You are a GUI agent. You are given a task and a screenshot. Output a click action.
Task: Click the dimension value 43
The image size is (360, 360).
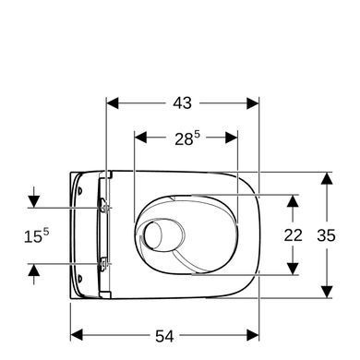[x=182, y=103]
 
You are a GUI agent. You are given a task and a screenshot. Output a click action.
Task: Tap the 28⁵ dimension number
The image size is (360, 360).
[x=187, y=138]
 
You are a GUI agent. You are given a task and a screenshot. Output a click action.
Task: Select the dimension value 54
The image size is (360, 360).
[x=164, y=336]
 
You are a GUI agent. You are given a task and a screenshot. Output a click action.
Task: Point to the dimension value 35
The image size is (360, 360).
[x=326, y=235]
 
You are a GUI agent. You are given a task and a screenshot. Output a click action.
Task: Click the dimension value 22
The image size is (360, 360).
[x=293, y=235]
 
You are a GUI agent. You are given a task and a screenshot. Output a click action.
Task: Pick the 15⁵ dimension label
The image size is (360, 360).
[x=36, y=235]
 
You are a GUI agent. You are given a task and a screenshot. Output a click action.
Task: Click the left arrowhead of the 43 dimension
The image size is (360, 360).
[x=113, y=103]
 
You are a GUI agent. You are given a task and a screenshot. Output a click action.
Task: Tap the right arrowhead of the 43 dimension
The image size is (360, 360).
[x=253, y=103]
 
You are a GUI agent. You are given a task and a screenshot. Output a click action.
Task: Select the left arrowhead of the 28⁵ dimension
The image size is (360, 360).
[x=140, y=138]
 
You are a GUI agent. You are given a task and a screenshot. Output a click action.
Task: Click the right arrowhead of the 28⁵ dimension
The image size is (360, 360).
[x=232, y=138]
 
